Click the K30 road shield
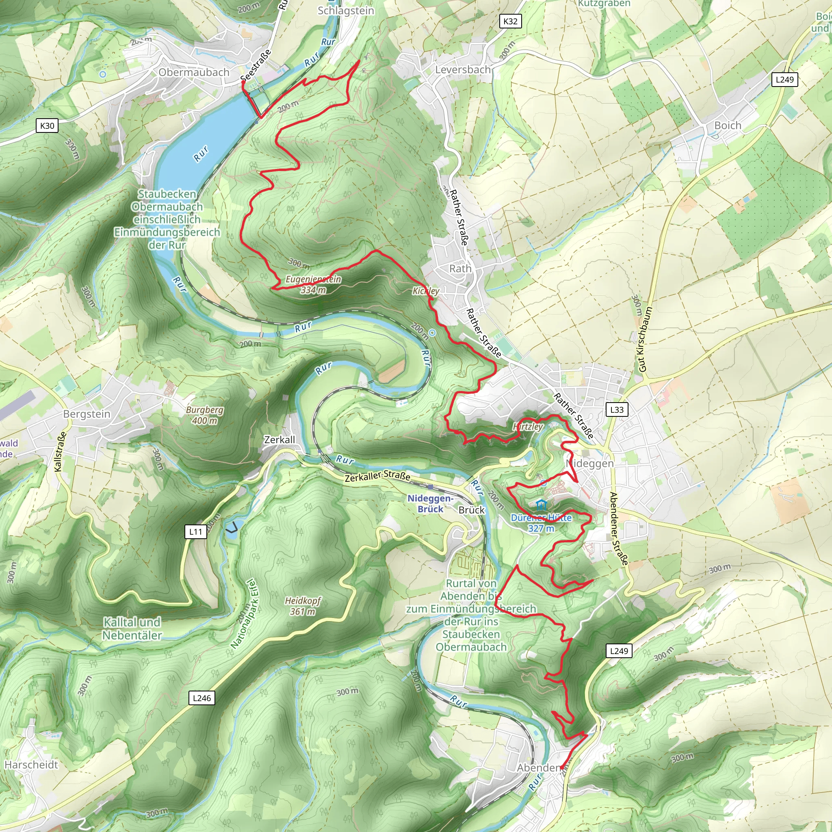pyautogui.click(x=47, y=126)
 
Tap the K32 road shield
pyautogui.click(x=510, y=21)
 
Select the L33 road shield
pyautogui.click(x=617, y=409)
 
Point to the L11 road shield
pyautogui.click(x=195, y=531)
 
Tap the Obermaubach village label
pyautogui.click(x=194, y=72)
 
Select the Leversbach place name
pyautogui.click(x=462, y=70)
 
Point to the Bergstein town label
pyautogui.click(x=87, y=414)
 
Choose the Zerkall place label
pyautogui.click(x=279, y=440)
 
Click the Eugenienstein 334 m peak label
pyautogui.click(x=313, y=284)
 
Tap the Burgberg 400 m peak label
pyautogui.click(x=205, y=415)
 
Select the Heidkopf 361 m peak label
pyautogui.click(x=303, y=605)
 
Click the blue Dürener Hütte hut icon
pyautogui.click(x=541, y=505)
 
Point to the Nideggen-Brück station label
pyautogui.click(x=430, y=503)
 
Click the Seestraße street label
pyautogui.click(x=256, y=65)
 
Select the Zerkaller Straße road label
pyautogui.click(x=377, y=476)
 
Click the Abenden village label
pyautogui.click(x=539, y=767)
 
